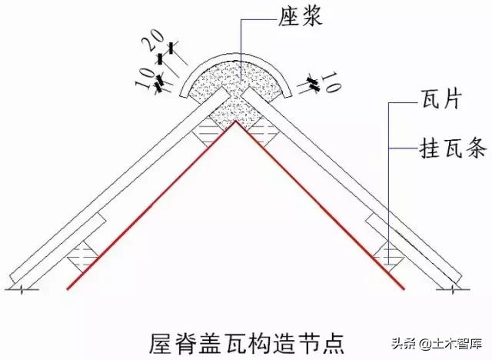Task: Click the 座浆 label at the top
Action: click(x=301, y=17)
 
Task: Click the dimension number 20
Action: click(x=155, y=40)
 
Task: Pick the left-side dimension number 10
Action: click(x=144, y=78)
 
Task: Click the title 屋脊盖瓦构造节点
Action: click(x=246, y=344)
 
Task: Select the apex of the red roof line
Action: click(x=236, y=121)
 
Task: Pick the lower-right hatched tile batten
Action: click(x=388, y=257)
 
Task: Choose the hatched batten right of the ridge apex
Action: click(x=264, y=132)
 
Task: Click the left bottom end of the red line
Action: click(x=68, y=288)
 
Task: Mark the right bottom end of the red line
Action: click(x=403, y=288)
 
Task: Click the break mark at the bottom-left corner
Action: click(x=22, y=289)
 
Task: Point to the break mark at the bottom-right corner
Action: click(x=453, y=289)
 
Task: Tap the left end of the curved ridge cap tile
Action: click(x=183, y=94)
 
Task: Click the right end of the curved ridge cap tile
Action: click(x=289, y=95)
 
